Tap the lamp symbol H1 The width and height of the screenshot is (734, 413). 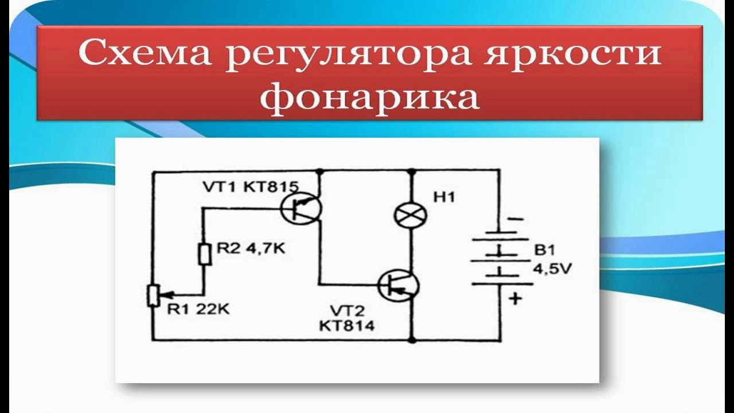click(411, 215)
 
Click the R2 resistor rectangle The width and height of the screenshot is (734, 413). click(204, 254)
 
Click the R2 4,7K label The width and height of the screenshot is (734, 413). click(251, 249)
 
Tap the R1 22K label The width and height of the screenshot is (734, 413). click(198, 310)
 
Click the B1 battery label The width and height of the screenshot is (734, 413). click(543, 251)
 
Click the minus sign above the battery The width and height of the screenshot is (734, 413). click(515, 219)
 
